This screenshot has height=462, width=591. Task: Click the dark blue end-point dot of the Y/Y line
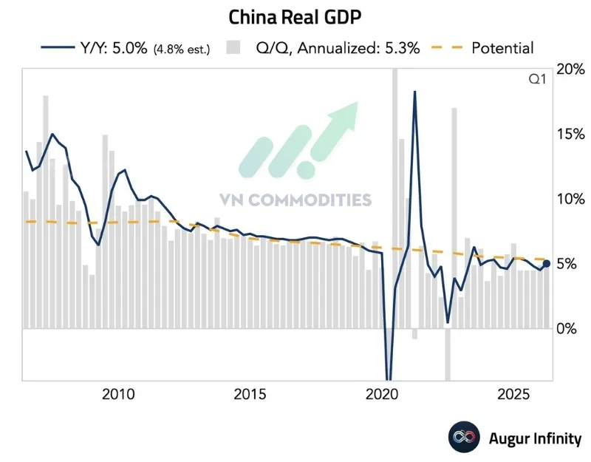[x=547, y=263]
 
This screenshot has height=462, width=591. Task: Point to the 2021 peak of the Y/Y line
[x=414, y=92]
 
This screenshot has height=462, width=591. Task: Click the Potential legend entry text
[x=502, y=49]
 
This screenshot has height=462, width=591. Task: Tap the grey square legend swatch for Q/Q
[x=234, y=49]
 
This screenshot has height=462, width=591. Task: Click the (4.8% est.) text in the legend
[x=182, y=50]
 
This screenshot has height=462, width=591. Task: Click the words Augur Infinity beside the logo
[x=535, y=438]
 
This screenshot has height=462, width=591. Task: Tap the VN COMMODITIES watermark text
[x=295, y=200]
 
